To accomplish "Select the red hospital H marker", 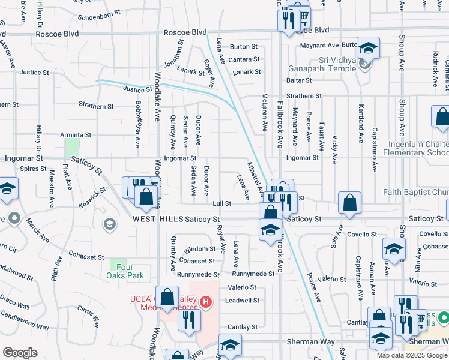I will [x=206, y=301].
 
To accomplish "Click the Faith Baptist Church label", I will [x=415, y=192].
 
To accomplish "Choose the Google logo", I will [x=20, y=353].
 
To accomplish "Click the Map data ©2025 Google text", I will [x=411, y=355].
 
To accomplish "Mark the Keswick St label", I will [x=96, y=193].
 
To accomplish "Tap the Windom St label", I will [x=200, y=248].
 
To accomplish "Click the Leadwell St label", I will [x=242, y=301].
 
